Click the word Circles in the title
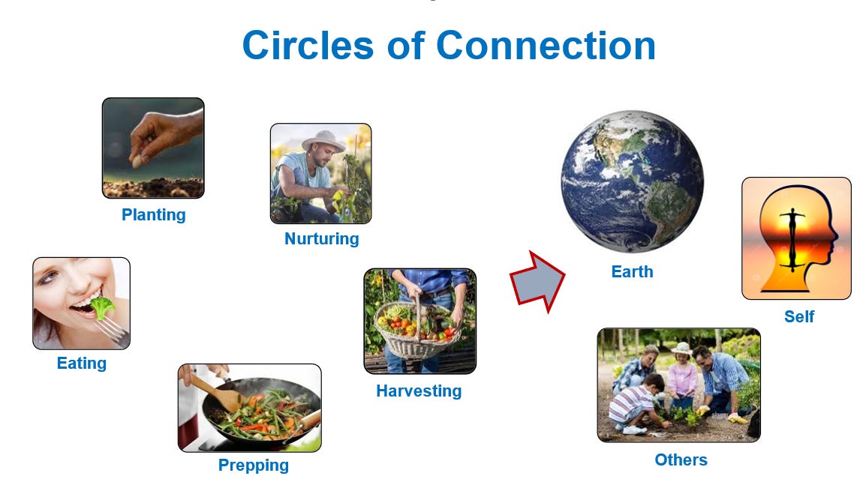pos(308,45)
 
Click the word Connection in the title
pos(546,45)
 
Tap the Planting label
pos(154,214)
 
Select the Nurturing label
pos(321,238)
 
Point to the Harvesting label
pos(419,391)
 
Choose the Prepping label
pos(254,465)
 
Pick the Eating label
pos(82,363)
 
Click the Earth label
pos(632,271)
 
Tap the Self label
pos(799,316)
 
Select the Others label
pos(681,460)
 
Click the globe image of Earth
pos(633,181)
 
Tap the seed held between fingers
pos(136,161)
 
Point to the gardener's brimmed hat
pos(323,140)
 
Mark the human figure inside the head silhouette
pos(792,240)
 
